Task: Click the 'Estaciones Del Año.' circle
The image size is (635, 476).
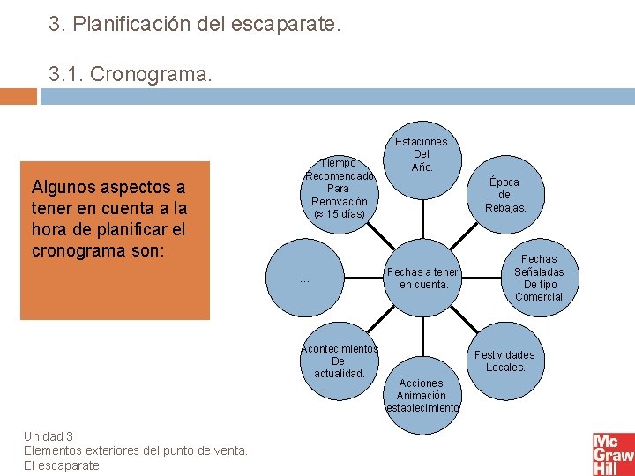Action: pyautogui.click(x=422, y=155)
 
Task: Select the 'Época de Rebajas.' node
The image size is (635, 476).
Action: pyautogui.click(x=504, y=195)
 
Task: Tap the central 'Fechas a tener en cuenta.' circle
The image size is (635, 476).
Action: pyautogui.click(x=423, y=279)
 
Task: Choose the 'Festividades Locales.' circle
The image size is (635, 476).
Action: pyautogui.click(x=505, y=361)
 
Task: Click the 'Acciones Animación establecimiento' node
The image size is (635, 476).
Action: pyautogui.click(x=422, y=395)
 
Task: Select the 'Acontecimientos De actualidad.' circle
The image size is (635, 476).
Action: pyautogui.click(x=339, y=361)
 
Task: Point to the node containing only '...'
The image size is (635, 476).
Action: pyautogui.click(x=305, y=279)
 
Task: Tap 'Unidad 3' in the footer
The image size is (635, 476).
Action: pyautogui.click(x=49, y=436)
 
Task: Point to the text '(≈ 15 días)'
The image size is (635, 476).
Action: pyautogui.click(x=339, y=214)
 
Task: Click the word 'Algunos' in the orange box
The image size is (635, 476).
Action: pyautogui.click(x=65, y=187)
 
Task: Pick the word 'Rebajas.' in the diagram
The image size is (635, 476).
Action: pyautogui.click(x=505, y=208)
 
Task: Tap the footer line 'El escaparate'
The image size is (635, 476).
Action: pyautogui.click(x=62, y=465)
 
